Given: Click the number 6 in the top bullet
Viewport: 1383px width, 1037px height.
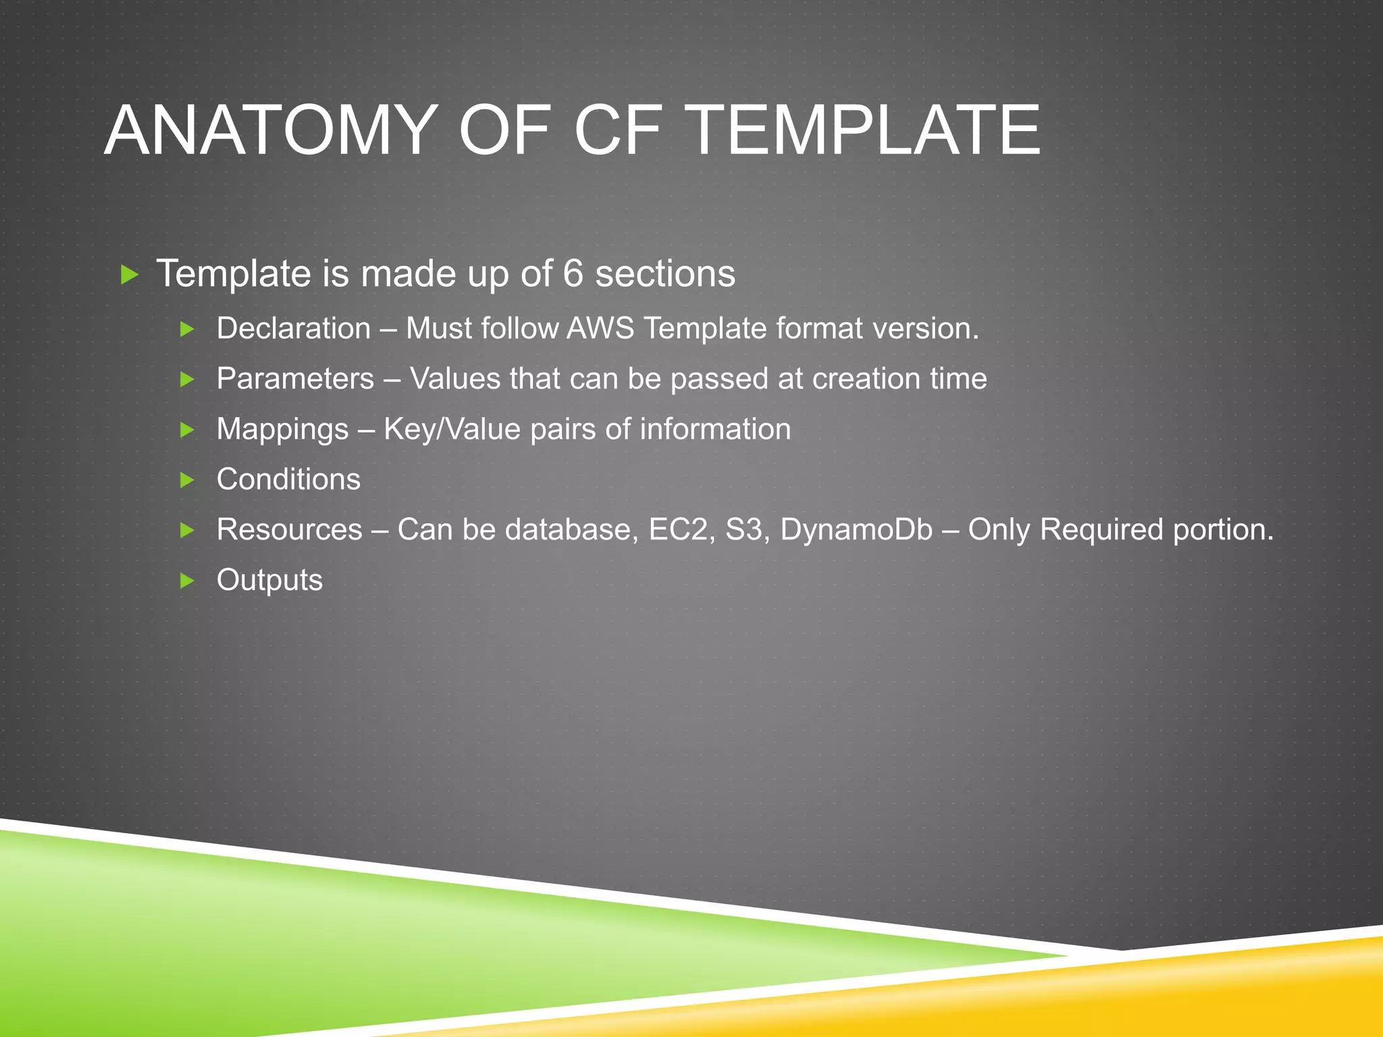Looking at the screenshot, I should tap(572, 273).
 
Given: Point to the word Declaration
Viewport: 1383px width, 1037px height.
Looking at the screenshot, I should tap(294, 329).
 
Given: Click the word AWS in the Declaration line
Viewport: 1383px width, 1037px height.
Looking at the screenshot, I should tap(600, 329).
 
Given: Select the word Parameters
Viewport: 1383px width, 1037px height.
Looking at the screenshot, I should tap(295, 379).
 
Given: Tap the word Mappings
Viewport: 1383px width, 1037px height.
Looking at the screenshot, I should tap(282, 430).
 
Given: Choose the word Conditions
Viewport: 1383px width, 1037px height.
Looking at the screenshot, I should tap(288, 479).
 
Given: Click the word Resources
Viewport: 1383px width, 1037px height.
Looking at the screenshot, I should tap(289, 529).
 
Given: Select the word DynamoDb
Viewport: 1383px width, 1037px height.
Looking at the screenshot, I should tap(856, 529).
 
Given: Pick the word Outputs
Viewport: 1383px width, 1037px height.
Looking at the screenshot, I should tap(269, 580).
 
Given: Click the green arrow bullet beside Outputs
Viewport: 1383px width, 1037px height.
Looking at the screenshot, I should tap(188, 581).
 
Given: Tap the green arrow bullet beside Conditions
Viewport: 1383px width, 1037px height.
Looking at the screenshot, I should tap(188, 480).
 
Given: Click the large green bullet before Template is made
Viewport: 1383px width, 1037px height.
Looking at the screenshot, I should tap(129, 275).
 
